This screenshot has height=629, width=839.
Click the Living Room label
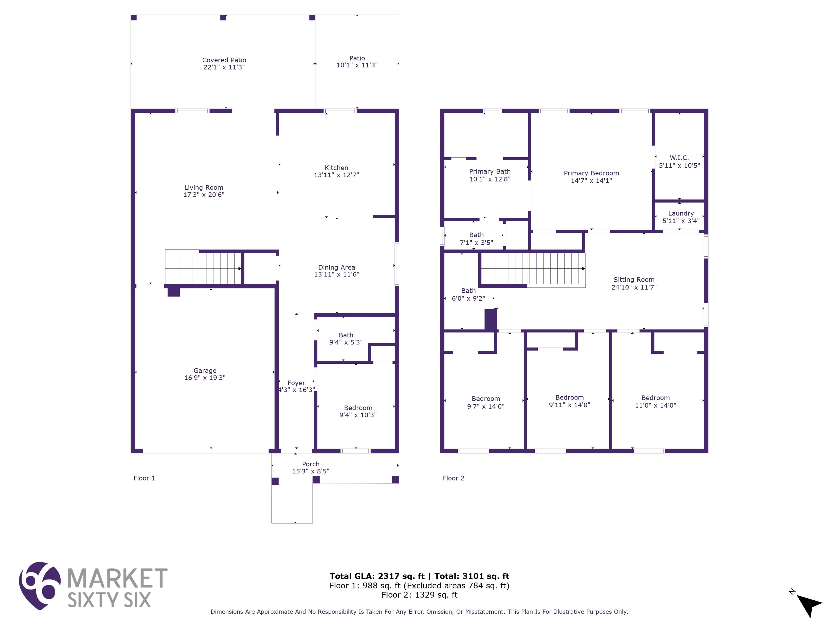click(x=204, y=187)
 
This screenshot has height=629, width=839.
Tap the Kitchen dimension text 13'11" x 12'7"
click(x=336, y=175)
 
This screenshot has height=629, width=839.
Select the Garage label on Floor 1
click(x=205, y=370)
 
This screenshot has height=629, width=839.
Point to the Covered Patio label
click(x=224, y=60)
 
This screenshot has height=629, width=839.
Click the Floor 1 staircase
click(x=203, y=268)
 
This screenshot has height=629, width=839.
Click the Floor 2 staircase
click(x=533, y=268)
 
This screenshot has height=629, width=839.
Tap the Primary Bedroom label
click(x=591, y=173)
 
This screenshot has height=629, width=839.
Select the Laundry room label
click(x=681, y=213)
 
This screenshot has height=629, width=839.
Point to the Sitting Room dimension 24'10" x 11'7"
click(x=634, y=287)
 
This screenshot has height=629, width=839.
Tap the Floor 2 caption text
click(x=454, y=478)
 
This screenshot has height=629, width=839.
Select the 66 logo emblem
click(x=40, y=586)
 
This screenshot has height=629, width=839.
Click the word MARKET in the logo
click(x=117, y=578)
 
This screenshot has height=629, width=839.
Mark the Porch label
click(x=311, y=464)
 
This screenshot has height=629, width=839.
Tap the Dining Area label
click(x=336, y=267)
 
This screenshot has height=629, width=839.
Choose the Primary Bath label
click(x=490, y=171)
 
